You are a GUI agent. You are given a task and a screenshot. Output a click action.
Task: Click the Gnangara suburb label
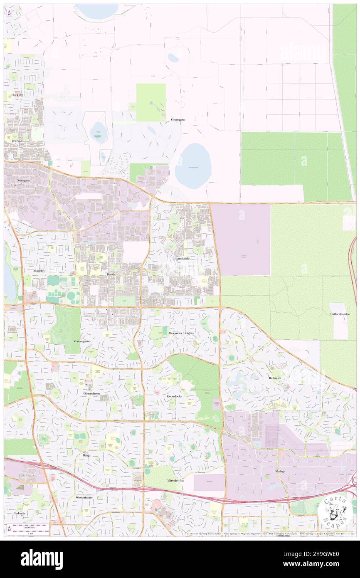click(x=178, y=119)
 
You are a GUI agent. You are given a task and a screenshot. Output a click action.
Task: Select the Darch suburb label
click(x=111, y=275)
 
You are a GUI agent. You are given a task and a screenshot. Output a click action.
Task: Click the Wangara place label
click(x=24, y=180)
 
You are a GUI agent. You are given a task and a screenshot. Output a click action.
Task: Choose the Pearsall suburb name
click(x=17, y=141)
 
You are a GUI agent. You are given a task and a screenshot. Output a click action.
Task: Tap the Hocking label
click(x=17, y=95)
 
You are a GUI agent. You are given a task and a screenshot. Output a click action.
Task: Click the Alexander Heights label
click(x=181, y=333)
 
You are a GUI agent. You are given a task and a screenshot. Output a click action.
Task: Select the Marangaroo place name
click(x=82, y=341)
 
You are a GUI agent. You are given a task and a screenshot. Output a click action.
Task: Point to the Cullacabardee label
click(x=340, y=314)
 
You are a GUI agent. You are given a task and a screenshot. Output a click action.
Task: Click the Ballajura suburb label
click(x=275, y=378)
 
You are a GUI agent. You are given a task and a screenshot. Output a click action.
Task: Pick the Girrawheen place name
click(x=91, y=393)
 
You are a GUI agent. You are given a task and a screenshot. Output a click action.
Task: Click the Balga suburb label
click(x=86, y=455)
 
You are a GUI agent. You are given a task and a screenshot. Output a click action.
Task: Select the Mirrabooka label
click(x=175, y=480)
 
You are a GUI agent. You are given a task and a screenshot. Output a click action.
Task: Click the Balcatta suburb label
click(x=19, y=513)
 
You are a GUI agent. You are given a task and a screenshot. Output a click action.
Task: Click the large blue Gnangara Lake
click(x=193, y=166)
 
